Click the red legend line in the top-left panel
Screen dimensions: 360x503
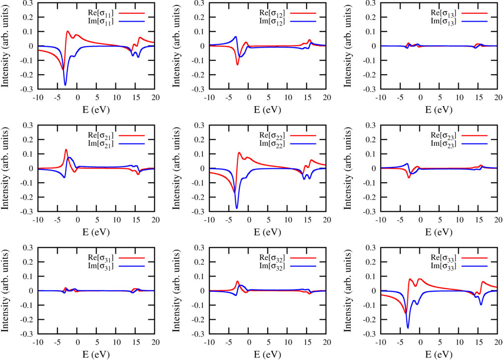pyautogui.click(x=132, y=13)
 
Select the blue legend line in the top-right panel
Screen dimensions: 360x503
pyautogui.click(x=475, y=21)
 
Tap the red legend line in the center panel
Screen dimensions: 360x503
pyautogui.click(x=303, y=136)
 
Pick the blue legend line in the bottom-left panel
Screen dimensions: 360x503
pyautogui.click(x=132, y=266)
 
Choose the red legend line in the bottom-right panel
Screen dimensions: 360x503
pyautogui.click(x=475, y=258)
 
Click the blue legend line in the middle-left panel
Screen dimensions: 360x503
pyautogui.click(x=132, y=144)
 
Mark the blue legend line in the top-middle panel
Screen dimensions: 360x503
pyautogui.click(x=303, y=21)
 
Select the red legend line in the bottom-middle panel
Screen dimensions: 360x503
pyautogui.click(x=303, y=258)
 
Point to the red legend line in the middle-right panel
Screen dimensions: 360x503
pyautogui.click(x=475, y=136)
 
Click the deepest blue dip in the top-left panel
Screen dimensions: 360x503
pyautogui.click(x=65, y=84)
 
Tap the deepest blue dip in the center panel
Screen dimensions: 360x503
pyautogui.click(x=237, y=206)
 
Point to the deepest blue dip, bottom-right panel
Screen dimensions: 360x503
pyautogui.click(x=408, y=327)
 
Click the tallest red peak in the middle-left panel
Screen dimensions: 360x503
pyautogui.click(x=66, y=150)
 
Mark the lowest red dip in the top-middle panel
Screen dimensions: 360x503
pyautogui.click(x=238, y=64)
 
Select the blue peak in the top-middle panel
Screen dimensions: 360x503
pyautogui.click(x=236, y=37)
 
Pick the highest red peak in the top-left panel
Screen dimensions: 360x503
pyautogui.click(x=68, y=32)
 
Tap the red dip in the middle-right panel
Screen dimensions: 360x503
pyautogui.click(x=409, y=176)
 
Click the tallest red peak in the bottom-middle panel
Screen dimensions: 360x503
pyautogui.click(x=238, y=282)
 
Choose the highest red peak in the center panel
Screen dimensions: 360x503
pyautogui.click(x=239, y=153)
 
